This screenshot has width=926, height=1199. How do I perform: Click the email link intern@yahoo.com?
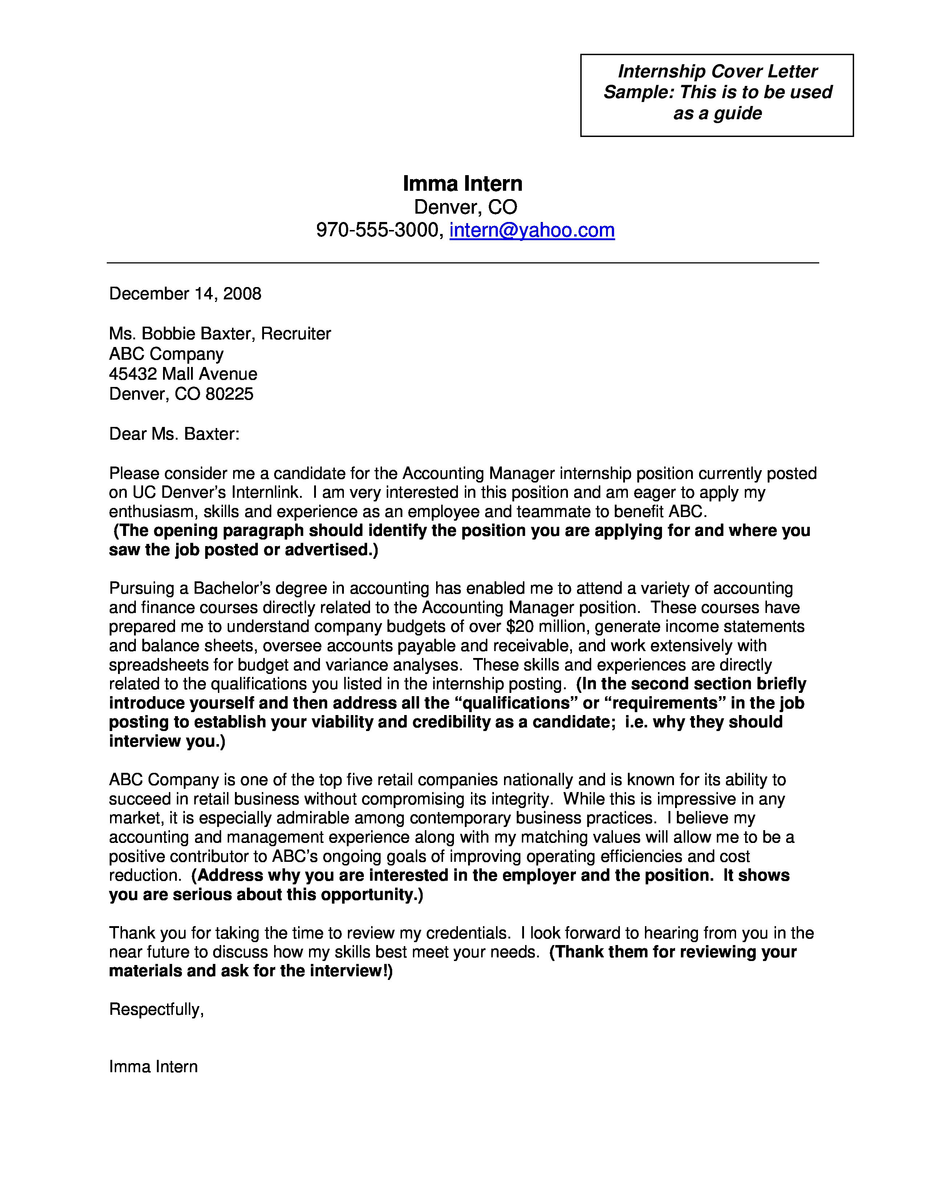click(x=532, y=230)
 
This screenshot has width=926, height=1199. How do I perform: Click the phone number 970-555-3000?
click(x=378, y=230)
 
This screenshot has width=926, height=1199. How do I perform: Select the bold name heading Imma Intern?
click(x=462, y=183)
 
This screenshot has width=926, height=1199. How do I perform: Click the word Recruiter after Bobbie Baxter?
click(x=295, y=334)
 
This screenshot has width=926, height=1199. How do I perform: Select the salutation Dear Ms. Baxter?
click(x=174, y=434)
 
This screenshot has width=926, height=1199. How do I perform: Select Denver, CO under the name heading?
click(x=465, y=207)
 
